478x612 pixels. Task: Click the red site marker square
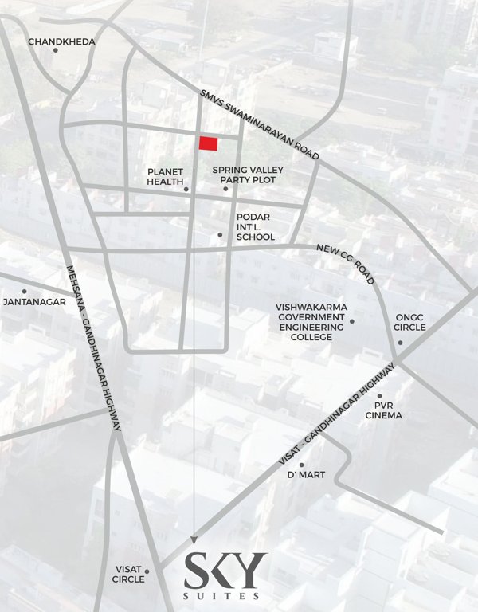[208, 143]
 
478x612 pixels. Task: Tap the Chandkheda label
[61, 41]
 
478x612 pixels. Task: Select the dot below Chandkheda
[56, 50]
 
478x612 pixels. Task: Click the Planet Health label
[166, 176]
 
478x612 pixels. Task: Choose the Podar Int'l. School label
[255, 227]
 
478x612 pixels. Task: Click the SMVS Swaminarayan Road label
[260, 124]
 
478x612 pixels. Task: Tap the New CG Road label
[345, 265]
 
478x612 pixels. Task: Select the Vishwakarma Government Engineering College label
[310, 321]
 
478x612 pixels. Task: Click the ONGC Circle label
[411, 322]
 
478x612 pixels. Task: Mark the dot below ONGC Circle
[400, 343]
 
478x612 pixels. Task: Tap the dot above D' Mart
[301, 465]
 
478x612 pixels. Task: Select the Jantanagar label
[29, 303]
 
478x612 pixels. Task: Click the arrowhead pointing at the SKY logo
[194, 539]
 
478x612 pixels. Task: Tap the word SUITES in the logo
[225, 595]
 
